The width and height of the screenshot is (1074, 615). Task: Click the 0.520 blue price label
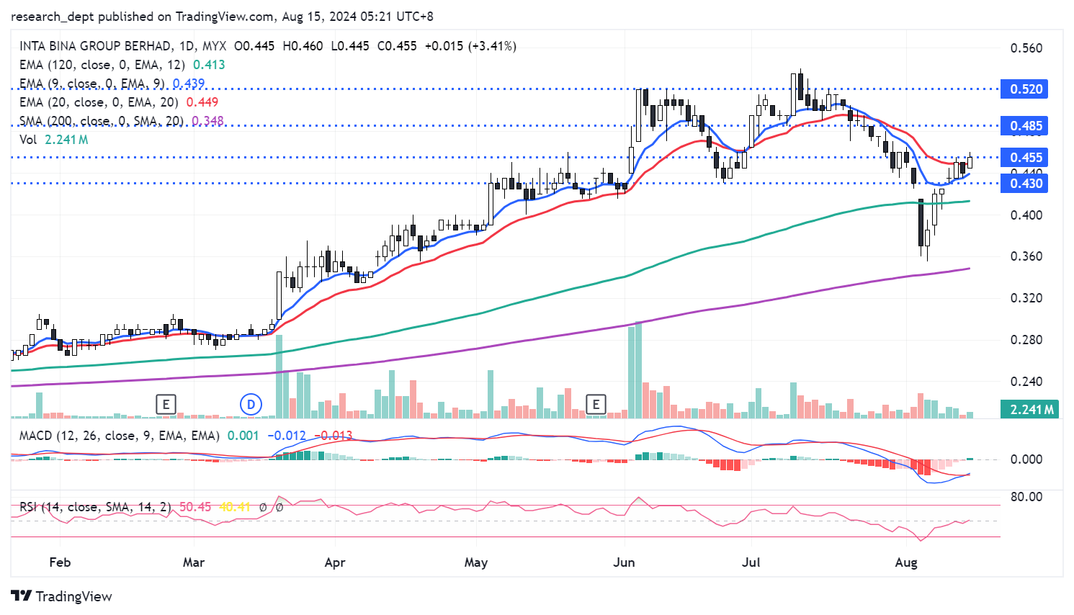coord(1026,89)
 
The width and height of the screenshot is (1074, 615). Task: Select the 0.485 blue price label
coord(1026,126)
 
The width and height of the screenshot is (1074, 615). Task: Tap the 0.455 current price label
coord(1026,158)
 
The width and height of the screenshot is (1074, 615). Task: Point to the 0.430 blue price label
coord(1026,184)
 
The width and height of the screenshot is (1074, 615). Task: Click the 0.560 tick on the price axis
coord(1026,48)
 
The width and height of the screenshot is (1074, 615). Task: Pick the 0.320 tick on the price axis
coord(1026,298)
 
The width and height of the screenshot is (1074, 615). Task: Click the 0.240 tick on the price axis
coord(1026,382)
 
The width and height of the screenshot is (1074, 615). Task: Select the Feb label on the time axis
coord(60,562)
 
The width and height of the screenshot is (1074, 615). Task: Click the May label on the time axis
coord(475,562)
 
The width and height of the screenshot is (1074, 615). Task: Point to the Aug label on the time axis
coord(905,562)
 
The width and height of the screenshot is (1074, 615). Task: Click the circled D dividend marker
coord(251,405)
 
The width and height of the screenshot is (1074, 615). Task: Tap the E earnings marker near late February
coord(166,405)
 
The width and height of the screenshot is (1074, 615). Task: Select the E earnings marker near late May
coord(596,405)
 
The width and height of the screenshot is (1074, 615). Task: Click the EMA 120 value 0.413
coord(209,65)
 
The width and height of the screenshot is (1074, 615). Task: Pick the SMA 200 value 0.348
coord(207,121)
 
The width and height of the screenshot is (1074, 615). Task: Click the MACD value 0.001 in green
coord(243,436)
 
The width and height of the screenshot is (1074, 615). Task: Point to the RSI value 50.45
coord(195,507)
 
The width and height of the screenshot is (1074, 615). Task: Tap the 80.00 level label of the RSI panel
coord(1026,497)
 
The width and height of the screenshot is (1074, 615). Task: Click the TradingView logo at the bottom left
coord(62,596)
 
